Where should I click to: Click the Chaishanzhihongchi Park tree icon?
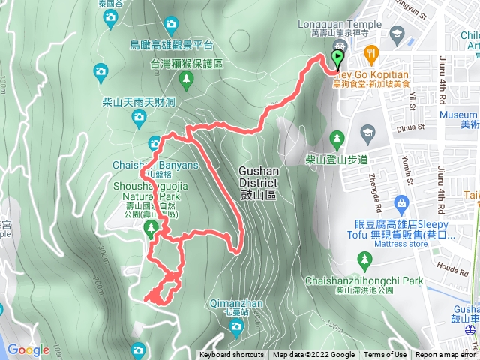pyautogui.click(x=366, y=260)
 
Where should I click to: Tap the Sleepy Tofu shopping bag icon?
pyautogui.click(x=402, y=202)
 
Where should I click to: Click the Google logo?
pyautogui.click(x=28, y=349)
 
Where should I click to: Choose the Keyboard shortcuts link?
pyautogui.click(x=232, y=355)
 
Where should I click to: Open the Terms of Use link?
pyautogui.click(x=386, y=355)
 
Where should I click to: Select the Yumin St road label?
pyautogui.click(x=408, y=170)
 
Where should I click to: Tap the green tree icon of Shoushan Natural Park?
pyautogui.click(x=151, y=226)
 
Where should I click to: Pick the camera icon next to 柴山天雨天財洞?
pyautogui.click(x=139, y=116)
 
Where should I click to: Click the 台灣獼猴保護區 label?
pyautogui.click(x=186, y=65)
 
